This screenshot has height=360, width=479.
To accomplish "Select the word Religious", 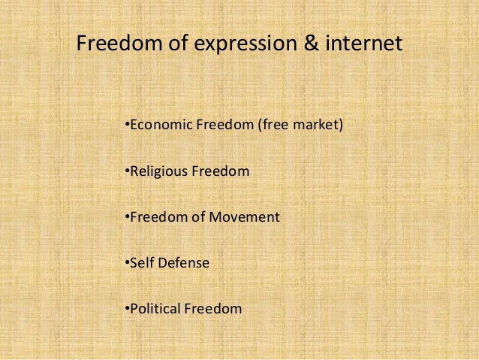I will [159, 171].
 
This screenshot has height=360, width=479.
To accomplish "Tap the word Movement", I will [248, 217].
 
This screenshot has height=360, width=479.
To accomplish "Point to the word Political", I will [155, 308].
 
